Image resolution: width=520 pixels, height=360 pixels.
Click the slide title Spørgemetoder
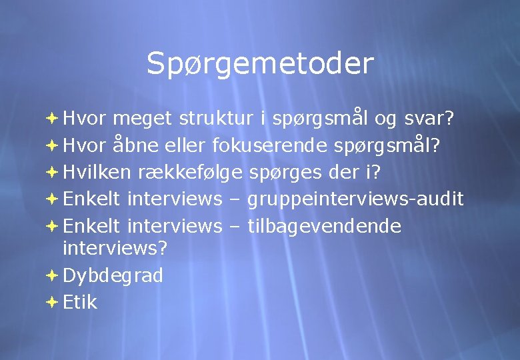click(x=260, y=64)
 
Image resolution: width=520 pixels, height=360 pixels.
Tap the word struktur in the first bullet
click(x=216, y=119)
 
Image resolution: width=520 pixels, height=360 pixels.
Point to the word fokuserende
click(x=268, y=145)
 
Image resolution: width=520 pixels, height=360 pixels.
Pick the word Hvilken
click(x=97, y=172)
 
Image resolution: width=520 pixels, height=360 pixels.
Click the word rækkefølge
click(x=191, y=172)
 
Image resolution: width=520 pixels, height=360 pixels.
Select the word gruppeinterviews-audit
click(x=355, y=199)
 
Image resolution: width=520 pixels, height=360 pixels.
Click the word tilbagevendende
click(x=324, y=227)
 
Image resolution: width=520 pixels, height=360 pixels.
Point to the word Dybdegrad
click(x=113, y=276)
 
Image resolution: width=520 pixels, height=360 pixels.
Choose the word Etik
click(x=80, y=303)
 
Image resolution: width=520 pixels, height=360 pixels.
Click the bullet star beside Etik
click(x=53, y=303)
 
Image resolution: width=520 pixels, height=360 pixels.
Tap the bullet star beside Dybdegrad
click(x=53, y=275)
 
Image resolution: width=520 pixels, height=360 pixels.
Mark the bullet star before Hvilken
click(x=53, y=172)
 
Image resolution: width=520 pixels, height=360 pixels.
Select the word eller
click(x=187, y=145)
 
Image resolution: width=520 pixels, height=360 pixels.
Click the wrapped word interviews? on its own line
click(x=115, y=249)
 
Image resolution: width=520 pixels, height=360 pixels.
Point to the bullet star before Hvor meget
click(x=53, y=119)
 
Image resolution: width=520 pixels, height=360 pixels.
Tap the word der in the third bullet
click(x=343, y=172)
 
